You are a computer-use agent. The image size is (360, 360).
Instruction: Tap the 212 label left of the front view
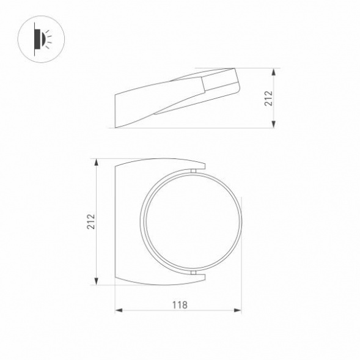(x=90, y=221)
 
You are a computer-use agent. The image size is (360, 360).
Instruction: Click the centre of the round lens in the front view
(x=192, y=222)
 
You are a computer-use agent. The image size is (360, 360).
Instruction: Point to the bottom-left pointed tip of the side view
(x=116, y=127)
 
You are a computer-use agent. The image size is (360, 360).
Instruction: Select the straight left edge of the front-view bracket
(x=116, y=221)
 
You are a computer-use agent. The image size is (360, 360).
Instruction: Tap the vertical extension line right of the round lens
(x=243, y=257)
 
